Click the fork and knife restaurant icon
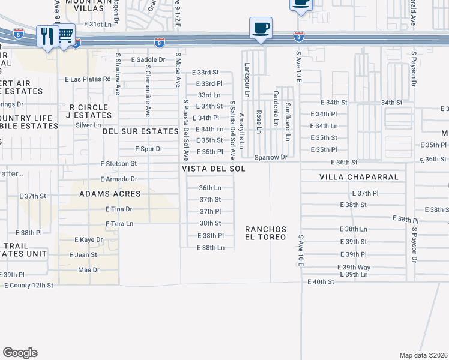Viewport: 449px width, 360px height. coord(47,36)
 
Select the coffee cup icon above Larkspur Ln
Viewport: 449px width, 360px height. coord(261,28)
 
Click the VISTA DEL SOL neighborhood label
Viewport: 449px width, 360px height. coord(214,169)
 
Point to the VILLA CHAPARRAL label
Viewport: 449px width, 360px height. coord(351,178)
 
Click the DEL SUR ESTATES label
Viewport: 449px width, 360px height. coord(140,131)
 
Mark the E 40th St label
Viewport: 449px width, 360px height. coord(320,281)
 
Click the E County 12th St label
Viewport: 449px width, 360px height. coord(28,285)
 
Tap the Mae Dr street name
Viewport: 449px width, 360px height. coord(88,270)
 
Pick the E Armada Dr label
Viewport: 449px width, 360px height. coord(119,179)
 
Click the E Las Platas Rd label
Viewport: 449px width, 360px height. coord(88,79)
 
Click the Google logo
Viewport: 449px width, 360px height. coord(20,353)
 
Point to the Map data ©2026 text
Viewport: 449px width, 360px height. coord(423,355)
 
